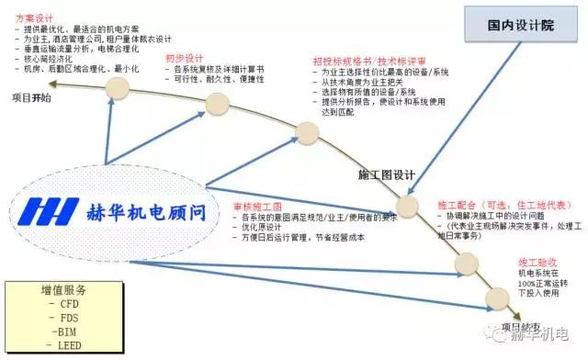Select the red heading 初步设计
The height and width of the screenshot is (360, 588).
coord(184,58)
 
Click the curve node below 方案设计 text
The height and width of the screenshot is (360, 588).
coord(117,88)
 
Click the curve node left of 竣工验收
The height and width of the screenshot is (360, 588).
coord(468,265)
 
